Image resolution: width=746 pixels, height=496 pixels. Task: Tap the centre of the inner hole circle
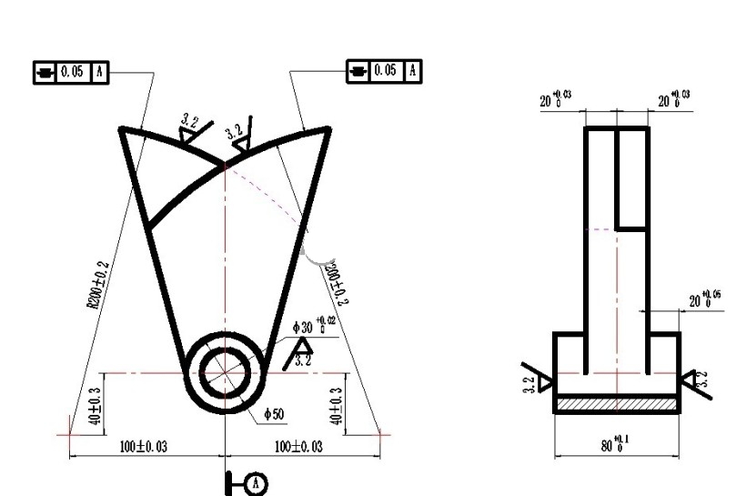pyautogui.click(x=222, y=373)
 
